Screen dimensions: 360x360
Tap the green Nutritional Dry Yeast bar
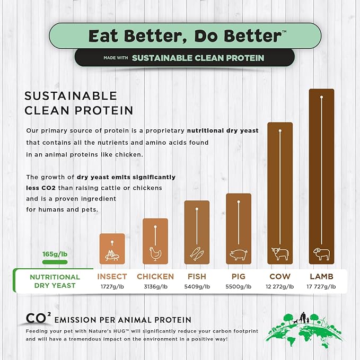(55, 261)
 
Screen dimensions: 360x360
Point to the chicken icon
(155, 254)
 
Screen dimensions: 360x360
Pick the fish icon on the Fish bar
(197, 254)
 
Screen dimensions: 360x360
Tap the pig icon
(238, 255)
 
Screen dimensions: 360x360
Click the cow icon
(280, 254)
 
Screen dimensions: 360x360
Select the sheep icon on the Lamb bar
(321, 254)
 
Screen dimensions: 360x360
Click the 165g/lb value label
(55, 254)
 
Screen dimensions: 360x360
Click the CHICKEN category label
(155, 276)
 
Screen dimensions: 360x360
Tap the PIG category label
(238, 276)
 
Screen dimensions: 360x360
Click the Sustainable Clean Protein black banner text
(198, 57)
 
